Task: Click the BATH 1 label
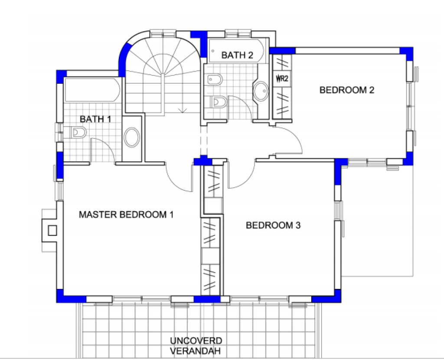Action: [95, 119]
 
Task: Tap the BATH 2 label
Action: [237, 55]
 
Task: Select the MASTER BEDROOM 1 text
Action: [126, 214]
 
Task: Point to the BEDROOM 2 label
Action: [347, 90]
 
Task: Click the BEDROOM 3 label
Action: [273, 225]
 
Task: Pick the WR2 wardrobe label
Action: [282, 78]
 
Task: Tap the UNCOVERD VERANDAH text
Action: [196, 346]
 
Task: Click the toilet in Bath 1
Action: [78, 132]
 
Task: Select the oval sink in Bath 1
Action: [132, 137]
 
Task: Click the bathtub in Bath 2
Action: [236, 51]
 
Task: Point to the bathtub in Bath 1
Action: [92, 90]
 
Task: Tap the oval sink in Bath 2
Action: [261, 91]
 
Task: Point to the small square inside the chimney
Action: [52, 231]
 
